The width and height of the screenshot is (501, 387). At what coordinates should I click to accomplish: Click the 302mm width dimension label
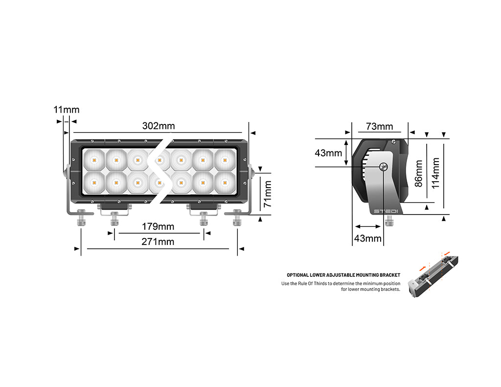[158, 126]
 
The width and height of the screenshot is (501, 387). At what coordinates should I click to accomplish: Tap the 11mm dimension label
[66, 110]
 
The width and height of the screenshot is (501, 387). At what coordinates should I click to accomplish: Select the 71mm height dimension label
[268, 194]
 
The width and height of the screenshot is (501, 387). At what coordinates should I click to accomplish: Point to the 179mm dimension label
[158, 226]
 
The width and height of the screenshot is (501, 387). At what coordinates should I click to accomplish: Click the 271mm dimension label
[158, 242]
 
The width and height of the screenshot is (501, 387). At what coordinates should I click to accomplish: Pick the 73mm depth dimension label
[379, 126]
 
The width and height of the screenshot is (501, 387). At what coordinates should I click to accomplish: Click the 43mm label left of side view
[328, 153]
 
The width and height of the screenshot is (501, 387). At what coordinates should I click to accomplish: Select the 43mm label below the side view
[367, 239]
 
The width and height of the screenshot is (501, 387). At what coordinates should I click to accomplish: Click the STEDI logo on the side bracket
[386, 211]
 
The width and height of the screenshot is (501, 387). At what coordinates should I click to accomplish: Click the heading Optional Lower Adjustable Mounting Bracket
[343, 275]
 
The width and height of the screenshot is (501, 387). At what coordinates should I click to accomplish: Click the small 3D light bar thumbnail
[434, 277]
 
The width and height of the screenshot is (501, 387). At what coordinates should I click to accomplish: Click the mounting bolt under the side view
[389, 220]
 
